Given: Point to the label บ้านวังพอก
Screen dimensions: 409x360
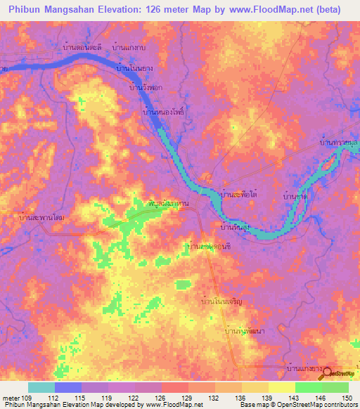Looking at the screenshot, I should [144, 89].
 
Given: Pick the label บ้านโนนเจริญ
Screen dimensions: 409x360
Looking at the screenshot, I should [222, 301].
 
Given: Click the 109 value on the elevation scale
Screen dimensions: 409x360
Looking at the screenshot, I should [25, 398].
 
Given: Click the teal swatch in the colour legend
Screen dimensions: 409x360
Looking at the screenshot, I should [41, 387].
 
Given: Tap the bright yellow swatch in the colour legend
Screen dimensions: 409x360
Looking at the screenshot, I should [281, 387].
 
